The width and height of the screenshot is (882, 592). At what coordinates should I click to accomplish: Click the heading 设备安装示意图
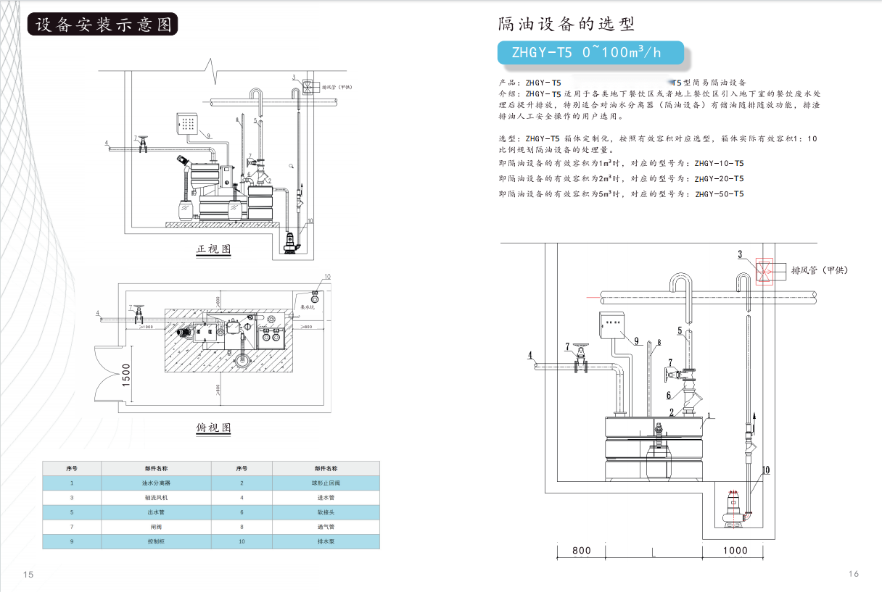(102, 24)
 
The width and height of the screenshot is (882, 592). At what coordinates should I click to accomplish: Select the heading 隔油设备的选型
(566, 24)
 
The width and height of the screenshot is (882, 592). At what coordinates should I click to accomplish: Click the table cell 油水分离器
(155, 482)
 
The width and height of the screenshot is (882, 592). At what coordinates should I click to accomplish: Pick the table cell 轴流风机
(155, 498)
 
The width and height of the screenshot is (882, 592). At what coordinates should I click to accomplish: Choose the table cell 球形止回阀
(325, 482)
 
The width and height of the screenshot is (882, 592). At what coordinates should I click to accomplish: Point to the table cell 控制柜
(155, 541)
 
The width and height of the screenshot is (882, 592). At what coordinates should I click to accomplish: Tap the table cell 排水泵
(325, 541)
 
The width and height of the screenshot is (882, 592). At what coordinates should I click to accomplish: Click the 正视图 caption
(213, 249)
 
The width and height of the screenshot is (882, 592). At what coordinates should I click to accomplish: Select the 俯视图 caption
(213, 428)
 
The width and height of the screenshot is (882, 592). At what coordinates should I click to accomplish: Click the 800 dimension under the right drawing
(581, 550)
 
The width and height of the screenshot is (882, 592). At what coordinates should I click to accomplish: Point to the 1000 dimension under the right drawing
(735, 550)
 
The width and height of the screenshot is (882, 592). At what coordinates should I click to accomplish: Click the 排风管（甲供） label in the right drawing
(819, 270)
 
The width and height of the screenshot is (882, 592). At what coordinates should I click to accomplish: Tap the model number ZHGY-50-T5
(719, 194)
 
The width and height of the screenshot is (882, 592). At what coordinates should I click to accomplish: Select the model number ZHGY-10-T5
(719, 164)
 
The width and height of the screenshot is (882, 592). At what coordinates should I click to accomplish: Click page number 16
(853, 574)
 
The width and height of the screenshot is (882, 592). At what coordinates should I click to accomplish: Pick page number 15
(28, 575)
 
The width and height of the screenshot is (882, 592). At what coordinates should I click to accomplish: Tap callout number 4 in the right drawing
(530, 355)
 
